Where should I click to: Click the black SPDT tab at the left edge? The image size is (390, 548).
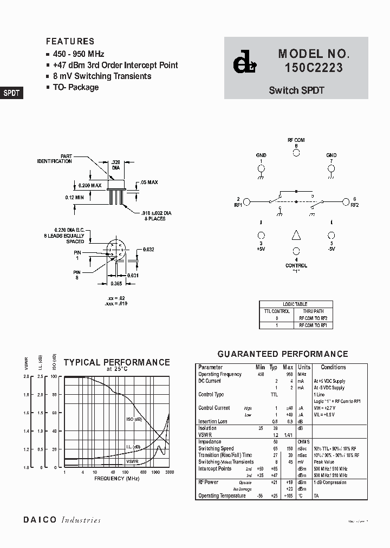[x=11, y=93]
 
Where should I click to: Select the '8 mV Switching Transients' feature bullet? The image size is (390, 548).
[x=102, y=76]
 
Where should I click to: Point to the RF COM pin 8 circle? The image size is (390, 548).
[x=296, y=153]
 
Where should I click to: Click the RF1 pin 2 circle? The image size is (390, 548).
[x=246, y=202]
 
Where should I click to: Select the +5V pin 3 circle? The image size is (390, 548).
[x=261, y=236]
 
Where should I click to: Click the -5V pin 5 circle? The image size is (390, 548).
[x=331, y=236]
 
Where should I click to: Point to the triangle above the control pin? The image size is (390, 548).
[x=296, y=236]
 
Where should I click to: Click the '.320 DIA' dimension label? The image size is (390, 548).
[x=115, y=165]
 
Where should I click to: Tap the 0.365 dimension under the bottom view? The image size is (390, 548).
[x=115, y=283]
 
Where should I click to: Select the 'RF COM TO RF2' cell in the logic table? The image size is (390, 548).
[x=313, y=318]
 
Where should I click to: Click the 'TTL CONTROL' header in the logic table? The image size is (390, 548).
[x=277, y=311]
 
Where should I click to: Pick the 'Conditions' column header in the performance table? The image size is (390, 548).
[x=333, y=367]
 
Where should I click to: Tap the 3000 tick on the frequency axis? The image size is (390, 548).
[x=169, y=472]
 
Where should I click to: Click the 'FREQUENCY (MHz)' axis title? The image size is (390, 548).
[x=116, y=479]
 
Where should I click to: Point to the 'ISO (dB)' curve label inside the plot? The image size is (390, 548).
[x=134, y=420]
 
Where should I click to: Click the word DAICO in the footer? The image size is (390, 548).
[x=39, y=520]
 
